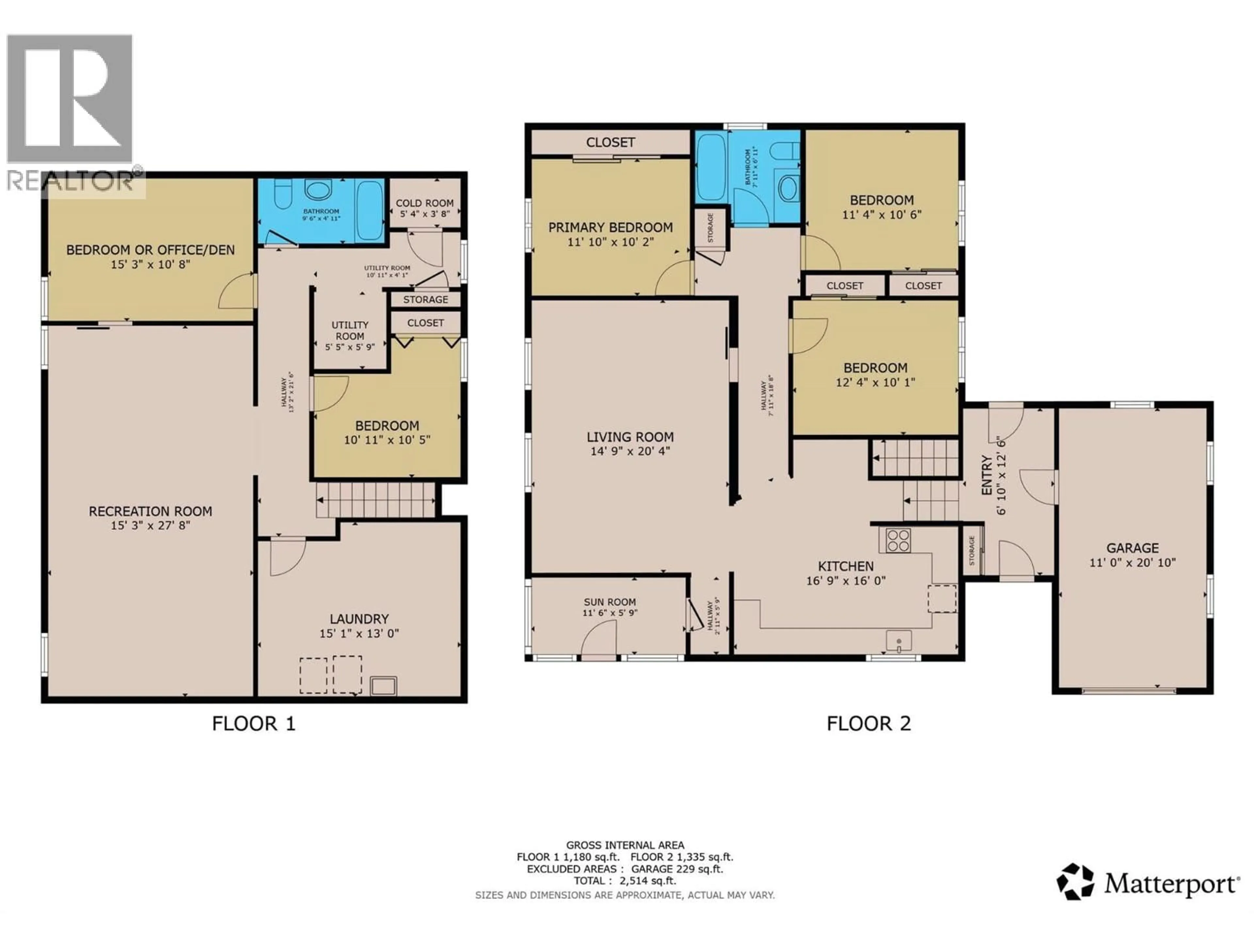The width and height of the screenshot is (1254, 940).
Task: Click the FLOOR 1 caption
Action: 253,724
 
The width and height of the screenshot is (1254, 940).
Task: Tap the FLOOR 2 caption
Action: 869,724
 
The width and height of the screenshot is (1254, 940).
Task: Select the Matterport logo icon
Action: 1075,881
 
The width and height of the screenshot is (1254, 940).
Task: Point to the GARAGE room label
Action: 1132,548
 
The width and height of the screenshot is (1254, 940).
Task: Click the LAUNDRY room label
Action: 360,619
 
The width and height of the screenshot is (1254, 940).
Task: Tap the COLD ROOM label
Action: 425,203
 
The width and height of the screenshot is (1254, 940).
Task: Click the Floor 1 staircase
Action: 375,500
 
